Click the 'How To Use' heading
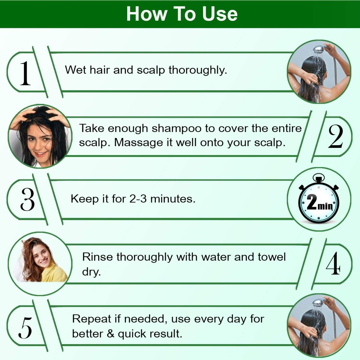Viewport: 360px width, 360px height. [x=182, y=14]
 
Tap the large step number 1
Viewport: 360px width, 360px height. [x=25, y=73]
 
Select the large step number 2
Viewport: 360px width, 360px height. [x=335, y=136]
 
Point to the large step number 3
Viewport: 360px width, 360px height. [x=28, y=199]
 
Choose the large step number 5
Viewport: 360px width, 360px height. [x=25, y=328]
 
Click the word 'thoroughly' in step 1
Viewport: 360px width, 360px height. [x=198, y=70]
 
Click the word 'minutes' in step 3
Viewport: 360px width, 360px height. [x=173, y=199]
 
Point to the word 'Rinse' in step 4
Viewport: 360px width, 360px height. [x=97, y=257]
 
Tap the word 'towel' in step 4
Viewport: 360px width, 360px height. [x=272, y=257]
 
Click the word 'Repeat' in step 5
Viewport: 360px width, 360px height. [x=92, y=319]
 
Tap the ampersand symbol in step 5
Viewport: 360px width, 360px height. [x=110, y=334]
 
